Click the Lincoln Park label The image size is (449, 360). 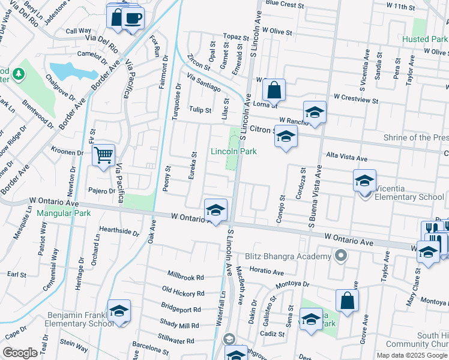pyautogui.click(x=234, y=151)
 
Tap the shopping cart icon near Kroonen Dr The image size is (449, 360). pyautogui.click(x=104, y=155)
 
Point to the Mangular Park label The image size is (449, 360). pyautogui.click(x=63, y=213)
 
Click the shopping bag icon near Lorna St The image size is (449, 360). pyautogui.click(x=274, y=91)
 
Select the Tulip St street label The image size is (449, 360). pyautogui.click(x=200, y=110)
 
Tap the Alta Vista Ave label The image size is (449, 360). pyautogui.click(x=346, y=158)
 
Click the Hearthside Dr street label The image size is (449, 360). pyautogui.click(x=119, y=230)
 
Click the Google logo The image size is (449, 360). pyautogui.click(x=20, y=353)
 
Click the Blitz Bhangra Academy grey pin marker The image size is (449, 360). pyautogui.click(x=341, y=256)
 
